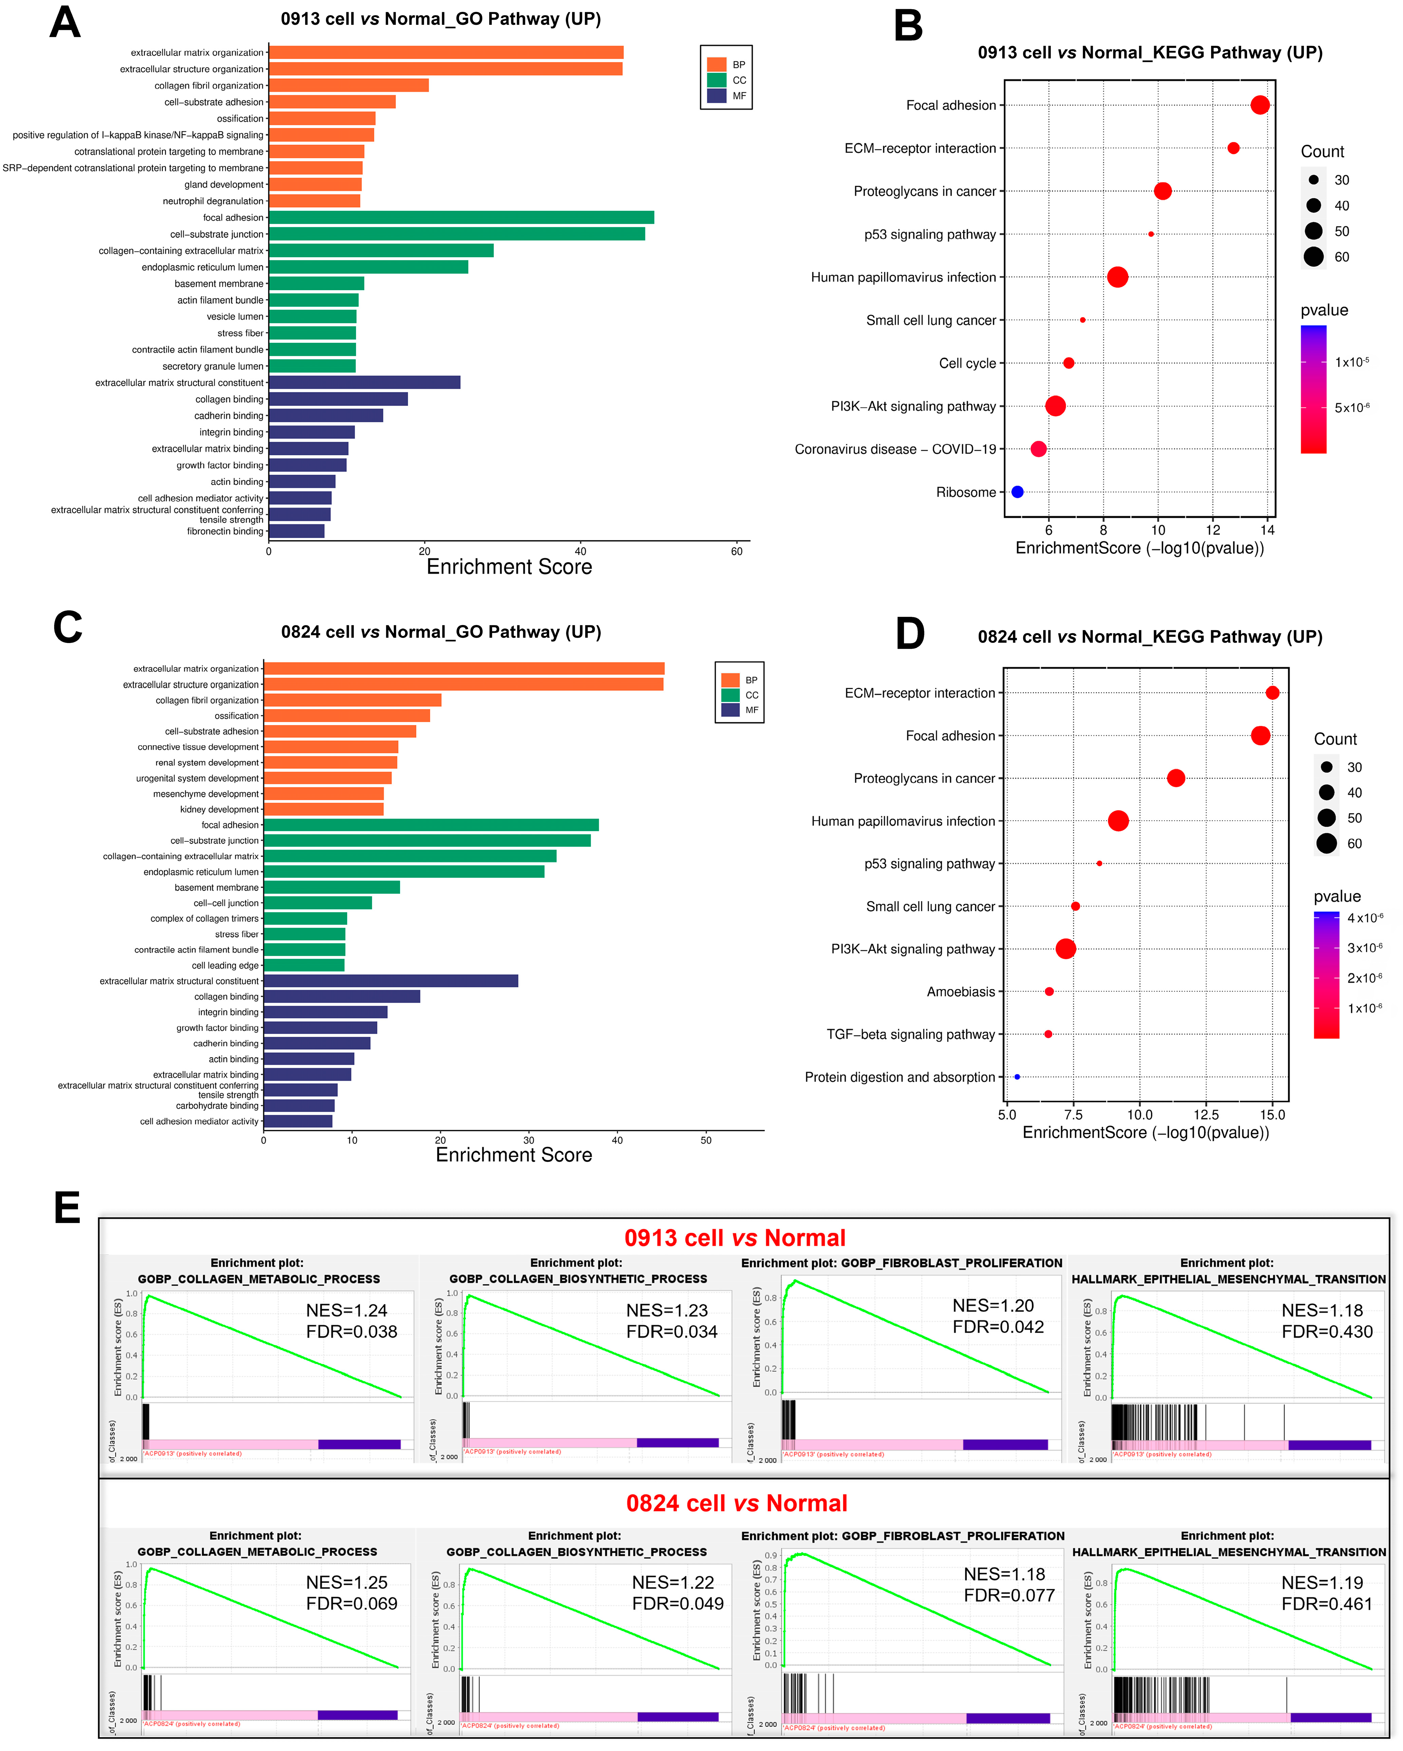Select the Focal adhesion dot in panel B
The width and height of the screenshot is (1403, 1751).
pyautogui.click(x=1259, y=105)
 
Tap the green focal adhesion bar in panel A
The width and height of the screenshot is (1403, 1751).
pyautogui.click(x=461, y=218)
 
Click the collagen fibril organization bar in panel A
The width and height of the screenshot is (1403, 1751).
pyautogui.click(x=349, y=85)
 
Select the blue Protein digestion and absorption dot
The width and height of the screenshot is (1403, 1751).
pyautogui.click(x=1017, y=1077)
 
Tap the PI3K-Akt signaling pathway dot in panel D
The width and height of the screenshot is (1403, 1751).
pyautogui.click(x=1066, y=949)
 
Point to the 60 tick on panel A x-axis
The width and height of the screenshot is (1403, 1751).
pyautogui.click(x=736, y=551)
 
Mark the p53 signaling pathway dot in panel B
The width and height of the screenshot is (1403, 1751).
pyautogui.click(x=1150, y=234)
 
